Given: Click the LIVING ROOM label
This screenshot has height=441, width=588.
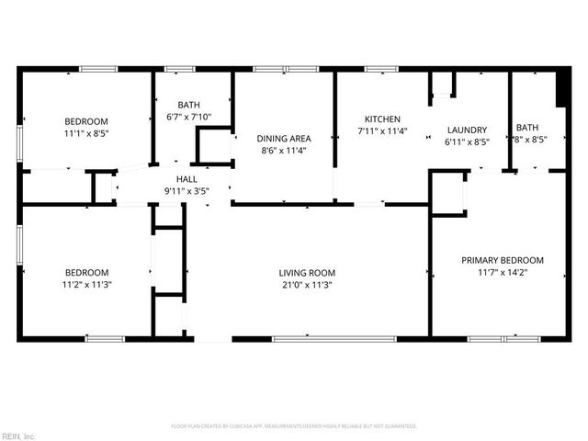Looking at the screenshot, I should [307, 272].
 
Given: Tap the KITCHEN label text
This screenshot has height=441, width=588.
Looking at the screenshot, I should [382, 119].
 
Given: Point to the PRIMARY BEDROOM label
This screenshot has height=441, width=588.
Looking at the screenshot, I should [502, 260].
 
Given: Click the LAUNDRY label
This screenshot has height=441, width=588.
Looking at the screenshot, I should [467, 130].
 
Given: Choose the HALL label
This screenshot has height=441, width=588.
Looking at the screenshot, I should [187, 179].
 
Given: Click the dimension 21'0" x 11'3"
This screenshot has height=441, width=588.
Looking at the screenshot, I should [307, 285].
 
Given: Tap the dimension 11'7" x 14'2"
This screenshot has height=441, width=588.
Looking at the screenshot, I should [502, 272].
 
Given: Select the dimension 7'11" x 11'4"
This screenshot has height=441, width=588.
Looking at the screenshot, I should [382, 131].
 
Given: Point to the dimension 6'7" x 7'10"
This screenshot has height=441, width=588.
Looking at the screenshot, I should [188, 117].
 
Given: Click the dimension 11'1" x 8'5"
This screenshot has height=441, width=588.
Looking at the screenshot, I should [85, 134].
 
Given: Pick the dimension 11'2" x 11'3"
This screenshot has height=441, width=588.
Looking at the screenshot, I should [86, 285].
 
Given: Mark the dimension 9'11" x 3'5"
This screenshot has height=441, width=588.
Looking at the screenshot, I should [187, 191].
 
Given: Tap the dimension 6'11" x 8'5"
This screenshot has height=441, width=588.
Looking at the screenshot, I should [467, 142].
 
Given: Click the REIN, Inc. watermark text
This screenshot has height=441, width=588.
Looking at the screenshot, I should [18, 435].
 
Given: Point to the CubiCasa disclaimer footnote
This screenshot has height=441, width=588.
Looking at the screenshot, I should [294, 426].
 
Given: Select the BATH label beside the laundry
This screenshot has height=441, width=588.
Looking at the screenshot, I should [527, 128].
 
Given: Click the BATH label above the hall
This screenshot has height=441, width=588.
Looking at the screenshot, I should [188, 105].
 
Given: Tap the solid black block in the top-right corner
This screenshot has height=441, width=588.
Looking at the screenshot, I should [561, 89].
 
